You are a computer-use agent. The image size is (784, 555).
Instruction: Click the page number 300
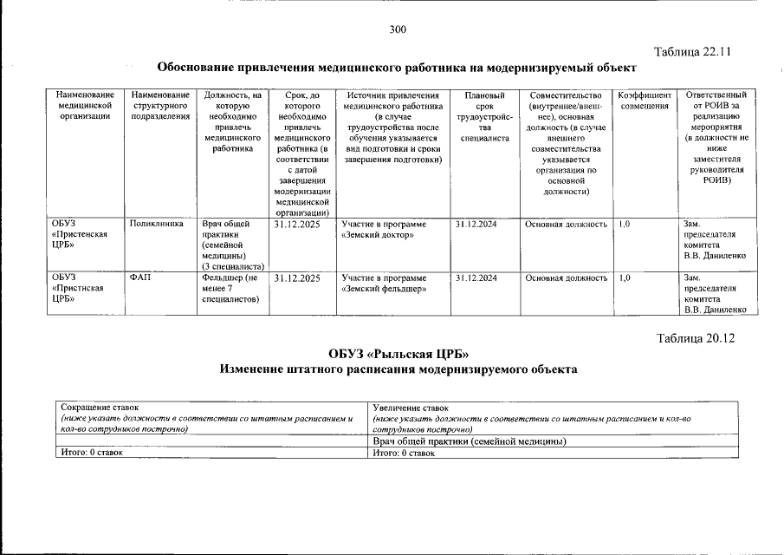[398, 29]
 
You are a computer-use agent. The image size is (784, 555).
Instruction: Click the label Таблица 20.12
[695, 338]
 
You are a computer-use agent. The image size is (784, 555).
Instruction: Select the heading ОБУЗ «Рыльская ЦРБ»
[398, 354]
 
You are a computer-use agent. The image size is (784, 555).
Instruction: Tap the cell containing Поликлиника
[156, 224]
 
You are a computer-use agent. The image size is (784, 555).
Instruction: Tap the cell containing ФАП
[139, 277]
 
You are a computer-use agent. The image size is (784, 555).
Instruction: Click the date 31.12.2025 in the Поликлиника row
[297, 224]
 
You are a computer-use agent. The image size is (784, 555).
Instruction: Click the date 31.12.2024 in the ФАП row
[476, 277]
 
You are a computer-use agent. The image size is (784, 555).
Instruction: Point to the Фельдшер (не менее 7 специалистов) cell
[230, 288]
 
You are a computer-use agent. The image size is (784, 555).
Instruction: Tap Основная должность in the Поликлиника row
[566, 224]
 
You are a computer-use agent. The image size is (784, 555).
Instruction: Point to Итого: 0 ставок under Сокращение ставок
[90, 453]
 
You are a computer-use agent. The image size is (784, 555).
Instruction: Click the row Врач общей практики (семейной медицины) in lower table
[469, 441]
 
